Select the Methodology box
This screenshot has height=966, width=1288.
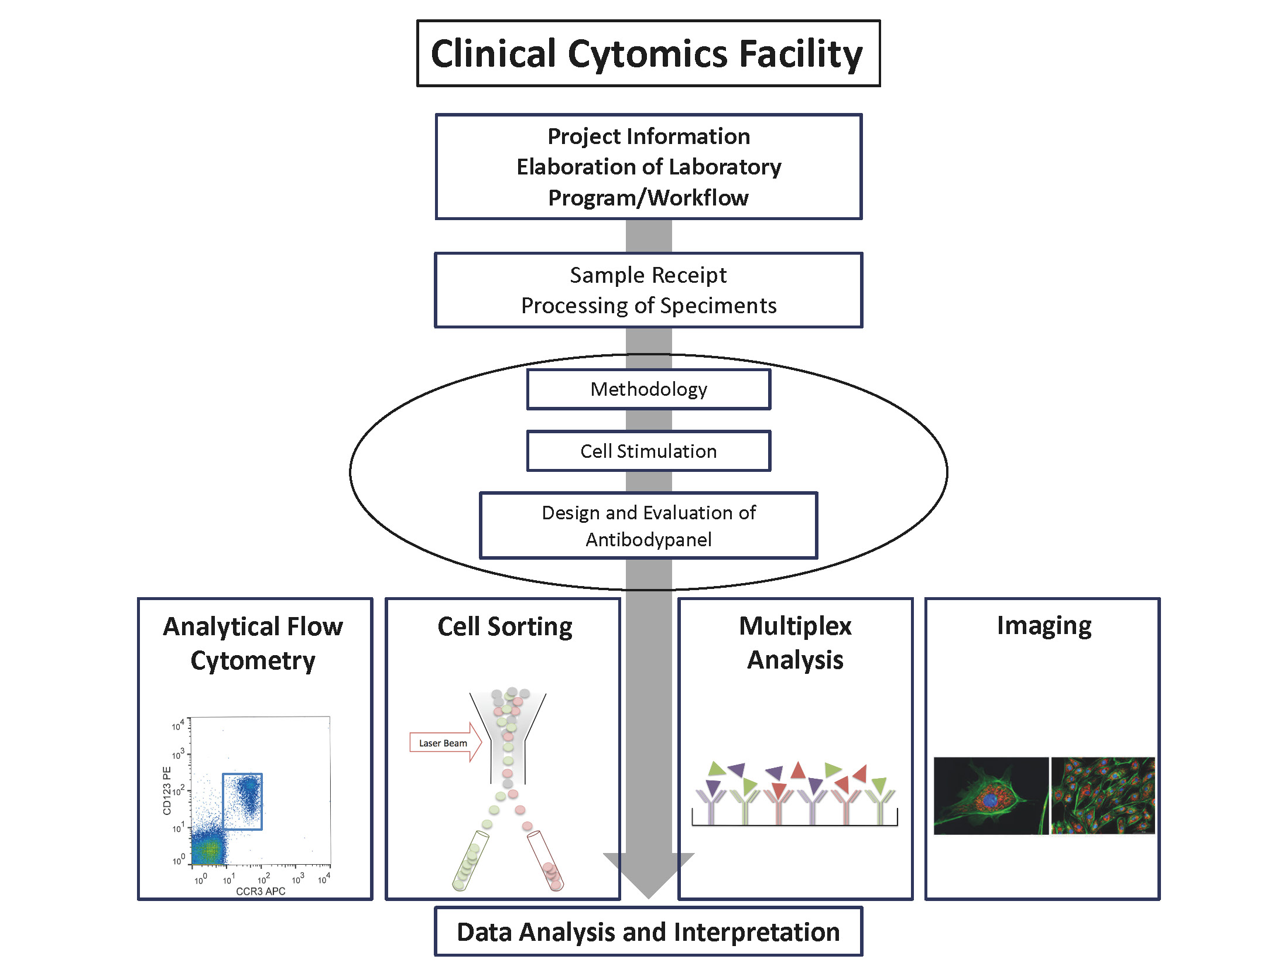(649, 389)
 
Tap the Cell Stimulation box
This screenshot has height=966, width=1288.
(649, 451)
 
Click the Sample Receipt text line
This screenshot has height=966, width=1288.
(648, 275)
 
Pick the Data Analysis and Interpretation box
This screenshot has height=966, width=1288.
(649, 931)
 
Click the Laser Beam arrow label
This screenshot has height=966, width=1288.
(443, 743)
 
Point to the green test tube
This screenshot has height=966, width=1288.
(470, 861)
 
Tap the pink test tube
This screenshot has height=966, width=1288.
(546, 861)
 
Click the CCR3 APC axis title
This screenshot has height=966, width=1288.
(261, 891)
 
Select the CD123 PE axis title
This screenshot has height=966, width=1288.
(167, 790)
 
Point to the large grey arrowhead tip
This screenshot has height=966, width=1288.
(649, 898)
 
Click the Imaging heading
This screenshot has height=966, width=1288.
(1044, 626)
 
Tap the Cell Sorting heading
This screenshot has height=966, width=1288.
(505, 627)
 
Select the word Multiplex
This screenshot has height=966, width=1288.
(795, 626)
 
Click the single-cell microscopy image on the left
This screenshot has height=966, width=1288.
(991, 796)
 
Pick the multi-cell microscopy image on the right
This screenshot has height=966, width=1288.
(1103, 796)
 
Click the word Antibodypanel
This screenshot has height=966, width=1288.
(649, 539)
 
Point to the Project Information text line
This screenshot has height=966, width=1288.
(649, 136)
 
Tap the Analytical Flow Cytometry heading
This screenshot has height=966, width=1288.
(253, 643)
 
